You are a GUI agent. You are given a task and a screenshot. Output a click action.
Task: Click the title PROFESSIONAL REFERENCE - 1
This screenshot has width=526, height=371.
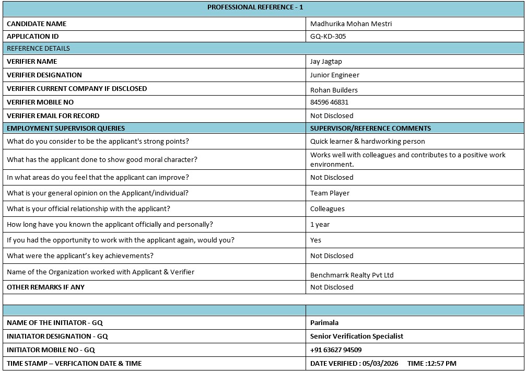point(255,7)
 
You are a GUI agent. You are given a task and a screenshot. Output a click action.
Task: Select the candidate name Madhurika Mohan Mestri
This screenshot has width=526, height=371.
point(350,24)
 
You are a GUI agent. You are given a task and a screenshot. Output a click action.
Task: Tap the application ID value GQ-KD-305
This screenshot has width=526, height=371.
point(328,37)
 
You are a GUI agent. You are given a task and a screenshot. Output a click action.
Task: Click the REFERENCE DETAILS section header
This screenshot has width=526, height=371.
point(38,49)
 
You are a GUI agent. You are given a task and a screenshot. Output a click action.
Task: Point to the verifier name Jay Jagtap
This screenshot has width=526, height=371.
point(326,62)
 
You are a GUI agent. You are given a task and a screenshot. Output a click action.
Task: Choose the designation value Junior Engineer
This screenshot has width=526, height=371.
point(335,75)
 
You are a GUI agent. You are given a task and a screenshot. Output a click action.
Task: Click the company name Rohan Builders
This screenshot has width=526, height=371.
point(334,90)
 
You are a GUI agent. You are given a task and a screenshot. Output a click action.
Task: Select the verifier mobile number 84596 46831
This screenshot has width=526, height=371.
point(329,102)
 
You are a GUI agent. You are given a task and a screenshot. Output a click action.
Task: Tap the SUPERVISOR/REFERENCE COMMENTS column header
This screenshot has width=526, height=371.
point(370,128)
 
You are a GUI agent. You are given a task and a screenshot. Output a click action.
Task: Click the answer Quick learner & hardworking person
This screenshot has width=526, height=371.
point(367,142)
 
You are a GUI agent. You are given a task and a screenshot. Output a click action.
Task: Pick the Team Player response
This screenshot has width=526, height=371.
point(330,193)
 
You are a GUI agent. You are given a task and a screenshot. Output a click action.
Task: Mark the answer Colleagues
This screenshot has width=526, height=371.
point(328,209)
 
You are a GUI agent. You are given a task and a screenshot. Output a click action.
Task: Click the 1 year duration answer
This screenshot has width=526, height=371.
point(320,225)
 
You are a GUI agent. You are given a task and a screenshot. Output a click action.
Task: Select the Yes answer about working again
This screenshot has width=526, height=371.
point(315,240)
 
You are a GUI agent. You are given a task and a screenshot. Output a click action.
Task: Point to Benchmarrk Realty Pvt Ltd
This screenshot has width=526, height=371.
point(352,275)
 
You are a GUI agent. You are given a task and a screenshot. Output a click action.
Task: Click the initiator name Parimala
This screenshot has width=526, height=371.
point(324,323)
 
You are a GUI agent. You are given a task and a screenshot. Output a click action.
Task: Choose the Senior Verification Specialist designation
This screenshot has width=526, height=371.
point(357,337)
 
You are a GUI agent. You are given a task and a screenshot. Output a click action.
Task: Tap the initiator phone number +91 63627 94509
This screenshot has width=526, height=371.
point(336,350)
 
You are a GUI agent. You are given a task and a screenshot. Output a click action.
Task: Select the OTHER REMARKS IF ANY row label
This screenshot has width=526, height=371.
point(45,287)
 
